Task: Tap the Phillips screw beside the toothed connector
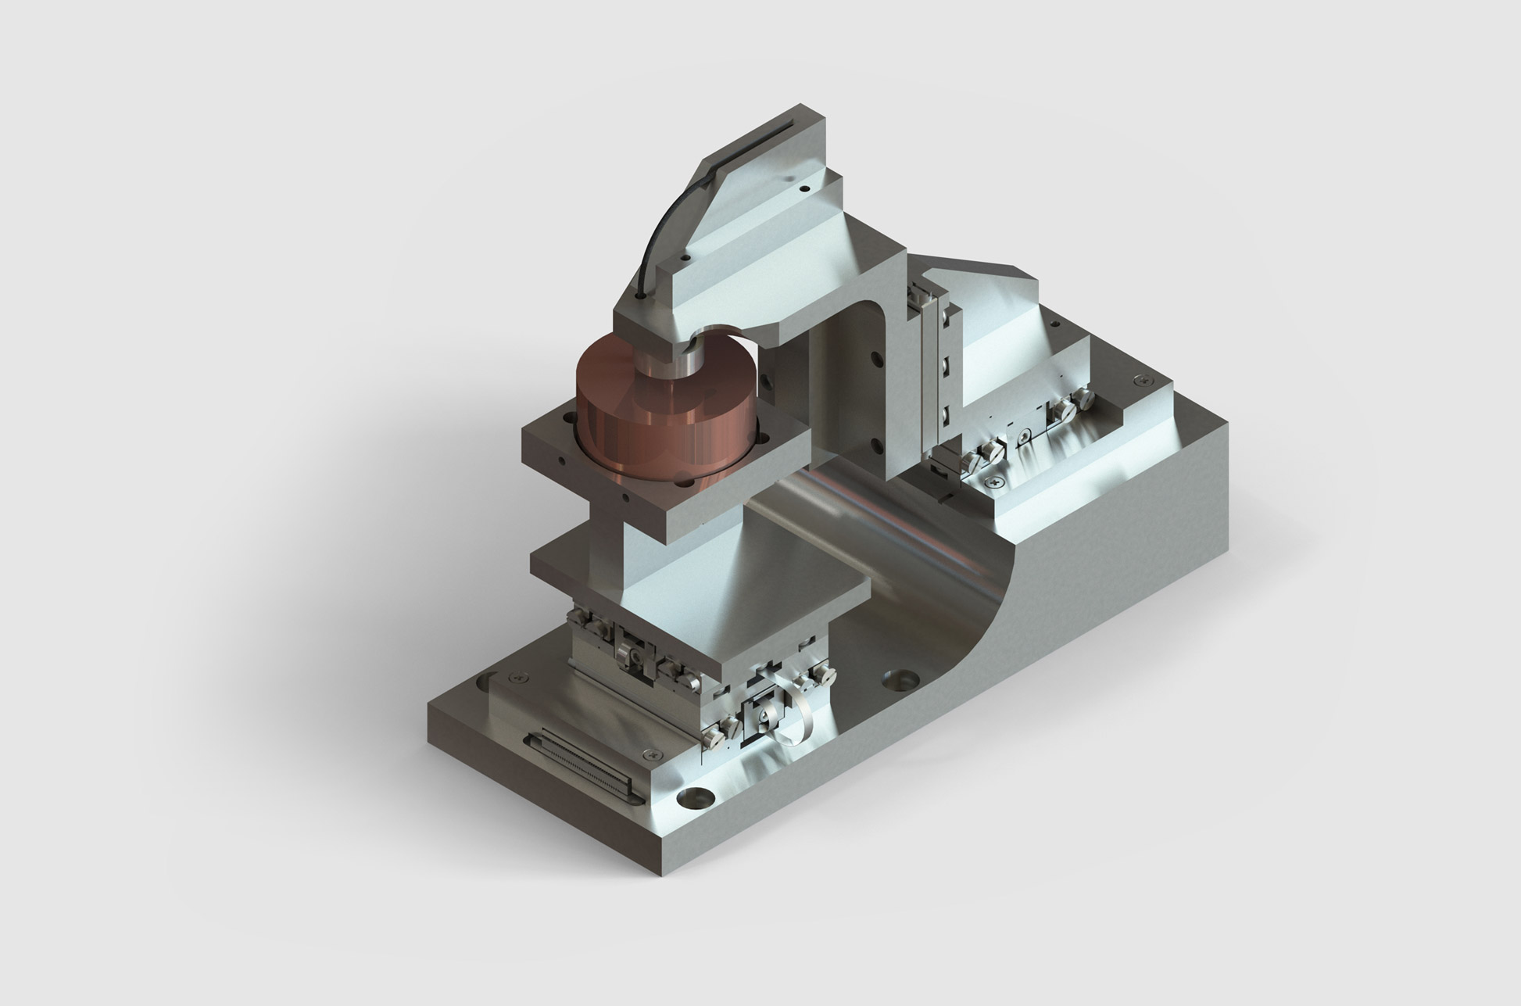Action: [x=650, y=755]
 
